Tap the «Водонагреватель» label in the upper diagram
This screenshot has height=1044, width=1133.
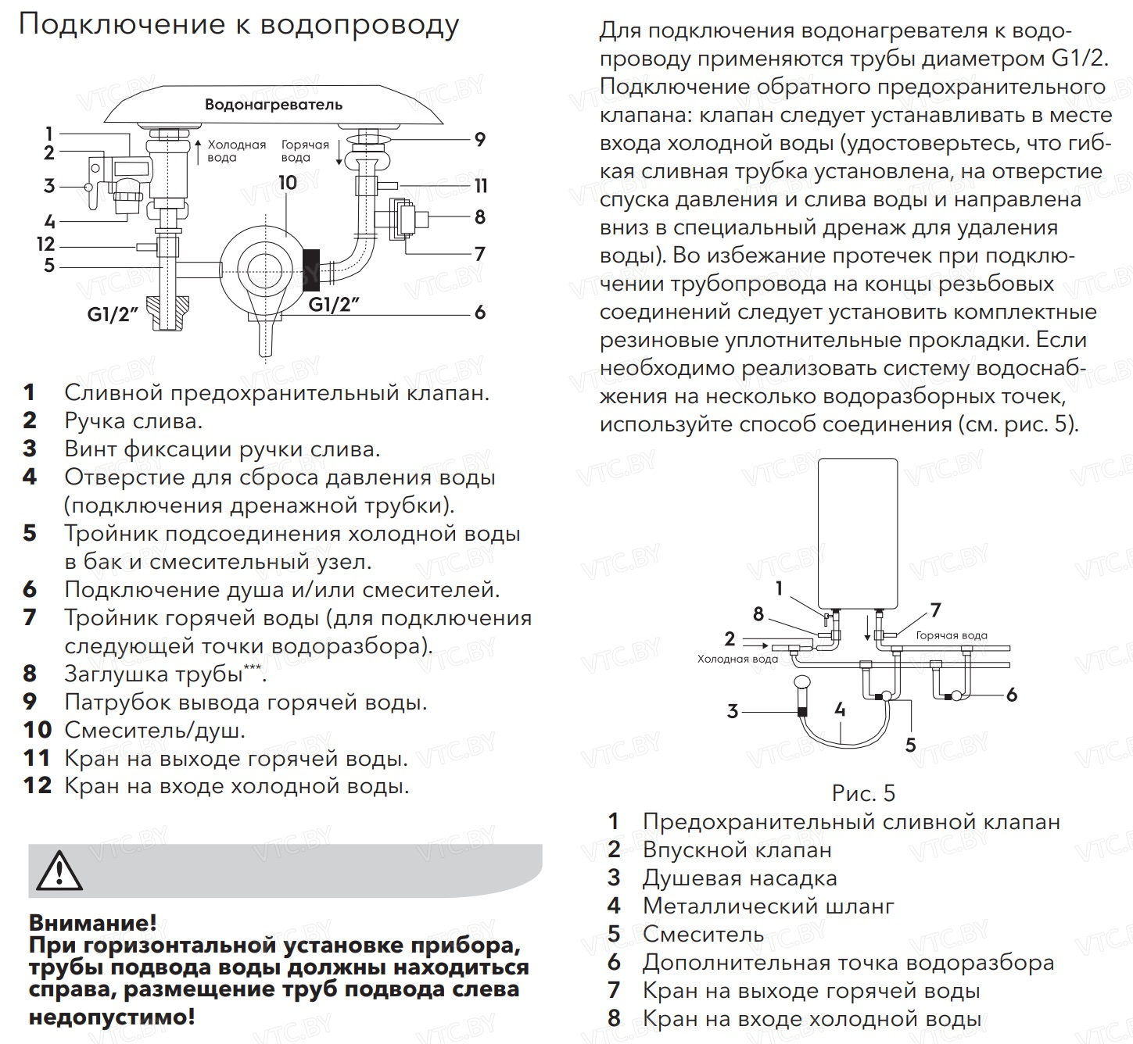(x=273, y=105)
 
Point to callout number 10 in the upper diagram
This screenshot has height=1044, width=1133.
(x=288, y=183)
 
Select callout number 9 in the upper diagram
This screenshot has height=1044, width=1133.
(x=480, y=140)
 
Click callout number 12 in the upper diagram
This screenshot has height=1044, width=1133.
(x=46, y=245)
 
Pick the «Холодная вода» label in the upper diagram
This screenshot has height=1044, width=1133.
(x=236, y=151)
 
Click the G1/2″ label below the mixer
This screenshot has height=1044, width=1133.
(x=334, y=304)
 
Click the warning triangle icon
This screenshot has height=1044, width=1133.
(x=59, y=871)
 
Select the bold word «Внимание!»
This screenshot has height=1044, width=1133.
(x=92, y=923)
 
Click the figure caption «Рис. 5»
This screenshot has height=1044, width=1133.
(x=863, y=794)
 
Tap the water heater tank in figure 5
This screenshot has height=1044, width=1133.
(x=857, y=531)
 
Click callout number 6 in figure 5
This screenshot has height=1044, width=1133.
(x=1011, y=694)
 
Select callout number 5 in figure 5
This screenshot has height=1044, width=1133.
(x=910, y=745)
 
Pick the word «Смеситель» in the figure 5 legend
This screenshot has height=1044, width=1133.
(x=703, y=934)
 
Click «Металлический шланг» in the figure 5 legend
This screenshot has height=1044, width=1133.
(x=768, y=906)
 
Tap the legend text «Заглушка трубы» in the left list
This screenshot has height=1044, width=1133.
(x=153, y=674)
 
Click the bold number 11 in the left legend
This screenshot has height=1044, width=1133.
(x=38, y=758)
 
